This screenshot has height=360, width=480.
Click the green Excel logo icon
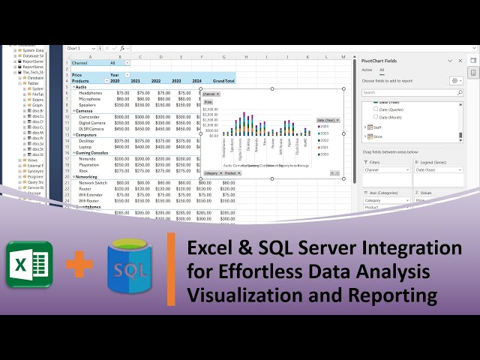click(x=29, y=263)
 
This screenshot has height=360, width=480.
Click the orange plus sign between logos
click(x=79, y=265)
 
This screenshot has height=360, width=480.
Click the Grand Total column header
click(x=223, y=80)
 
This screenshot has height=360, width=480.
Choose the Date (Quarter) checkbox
click(x=376, y=109)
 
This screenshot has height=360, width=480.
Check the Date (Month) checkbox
click(x=376, y=117)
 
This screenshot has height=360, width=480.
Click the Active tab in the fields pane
click(x=367, y=70)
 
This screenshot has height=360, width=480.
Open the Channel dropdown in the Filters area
click(x=409, y=170)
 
